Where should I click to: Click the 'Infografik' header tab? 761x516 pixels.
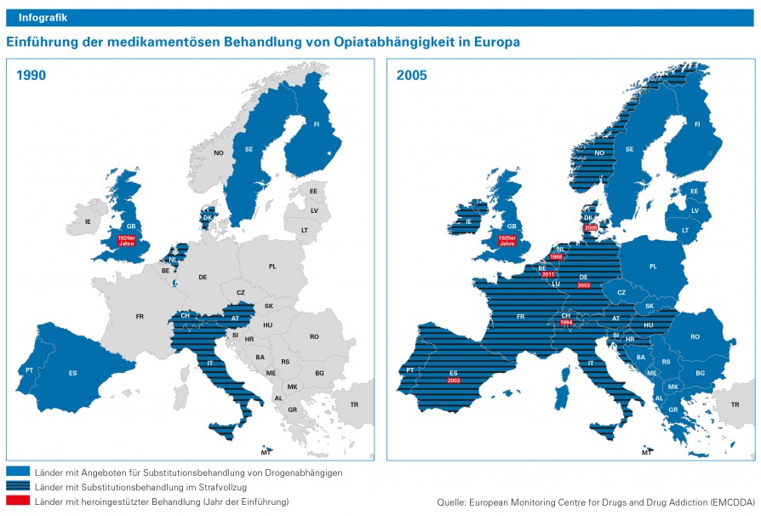(x=43, y=17)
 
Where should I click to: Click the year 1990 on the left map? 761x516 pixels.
(x=31, y=75)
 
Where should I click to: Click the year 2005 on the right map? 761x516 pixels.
(x=412, y=75)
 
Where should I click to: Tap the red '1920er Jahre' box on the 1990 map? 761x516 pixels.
(x=126, y=240)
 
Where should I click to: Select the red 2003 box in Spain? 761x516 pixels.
(x=453, y=380)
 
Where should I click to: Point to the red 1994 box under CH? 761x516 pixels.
(x=566, y=323)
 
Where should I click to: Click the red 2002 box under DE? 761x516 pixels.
(x=584, y=286)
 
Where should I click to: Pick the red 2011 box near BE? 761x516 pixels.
(x=547, y=274)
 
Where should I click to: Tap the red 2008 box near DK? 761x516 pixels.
(x=592, y=227)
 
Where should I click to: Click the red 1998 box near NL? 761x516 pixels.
(x=557, y=256)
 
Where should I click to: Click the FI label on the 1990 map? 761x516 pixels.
(x=316, y=124)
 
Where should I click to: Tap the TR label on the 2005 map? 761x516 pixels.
(x=735, y=404)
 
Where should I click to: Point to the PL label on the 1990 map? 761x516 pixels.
(x=272, y=267)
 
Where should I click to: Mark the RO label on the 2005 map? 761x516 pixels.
(x=695, y=336)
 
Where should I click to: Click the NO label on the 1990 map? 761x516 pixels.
(x=219, y=152)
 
